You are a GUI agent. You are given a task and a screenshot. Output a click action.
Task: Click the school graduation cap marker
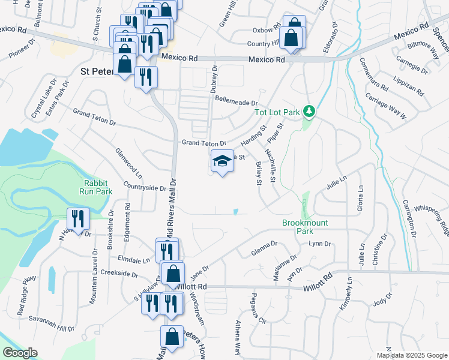(222, 161)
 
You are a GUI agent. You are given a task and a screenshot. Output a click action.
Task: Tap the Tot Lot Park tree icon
(310, 111)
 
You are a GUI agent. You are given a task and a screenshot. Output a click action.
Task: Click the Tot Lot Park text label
(277, 112)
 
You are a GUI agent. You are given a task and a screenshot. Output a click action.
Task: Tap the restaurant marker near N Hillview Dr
(78, 220)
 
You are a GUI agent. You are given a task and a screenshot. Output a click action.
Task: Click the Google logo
(20, 352)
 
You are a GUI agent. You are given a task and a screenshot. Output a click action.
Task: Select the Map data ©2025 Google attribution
(411, 355)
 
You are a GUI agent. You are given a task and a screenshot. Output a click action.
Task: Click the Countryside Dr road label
(145, 187)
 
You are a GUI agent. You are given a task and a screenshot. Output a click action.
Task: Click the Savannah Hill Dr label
(53, 325)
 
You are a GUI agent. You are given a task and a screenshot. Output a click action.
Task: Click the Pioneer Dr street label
(20, 50)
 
